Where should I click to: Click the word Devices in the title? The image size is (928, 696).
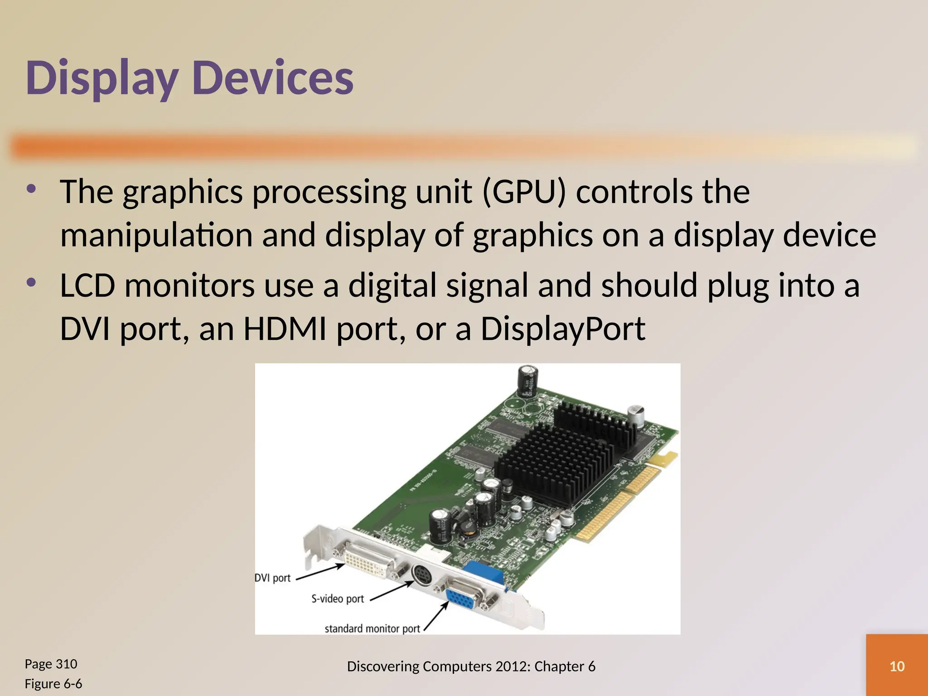tap(273, 78)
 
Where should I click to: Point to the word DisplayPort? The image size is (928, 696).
tap(562, 329)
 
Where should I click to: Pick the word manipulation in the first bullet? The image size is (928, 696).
tap(156, 236)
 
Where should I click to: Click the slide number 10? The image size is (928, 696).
tap(897, 666)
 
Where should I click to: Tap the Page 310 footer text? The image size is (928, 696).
tap(51, 664)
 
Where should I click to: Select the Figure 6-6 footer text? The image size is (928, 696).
tap(53, 683)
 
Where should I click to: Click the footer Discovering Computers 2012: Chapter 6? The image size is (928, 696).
tap(471, 666)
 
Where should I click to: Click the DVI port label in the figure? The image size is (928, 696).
tap(272, 578)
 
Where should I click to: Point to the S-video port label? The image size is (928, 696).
tap(338, 599)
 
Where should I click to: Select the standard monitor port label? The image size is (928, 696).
tap(372, 628)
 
